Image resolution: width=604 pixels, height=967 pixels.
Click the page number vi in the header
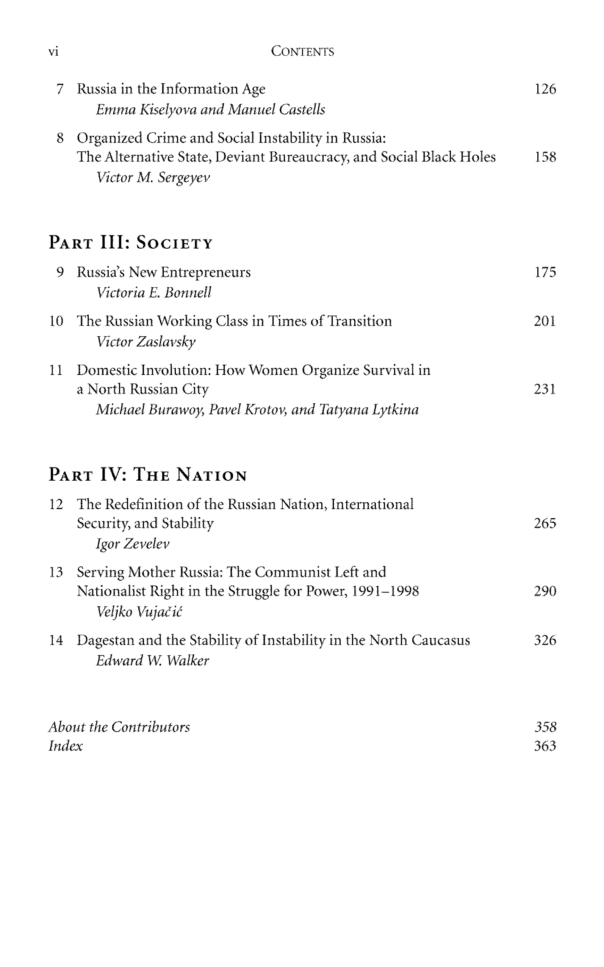[53, 52]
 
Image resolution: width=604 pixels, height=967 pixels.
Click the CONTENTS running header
[302, 52]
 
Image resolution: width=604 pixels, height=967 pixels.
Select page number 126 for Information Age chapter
[545, 89]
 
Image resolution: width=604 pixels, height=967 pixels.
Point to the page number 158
[545, 157]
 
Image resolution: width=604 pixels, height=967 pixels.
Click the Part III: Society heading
[131, 243]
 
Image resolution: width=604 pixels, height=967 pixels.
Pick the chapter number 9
[60, 272]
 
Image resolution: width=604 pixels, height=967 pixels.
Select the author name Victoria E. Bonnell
[154, 293]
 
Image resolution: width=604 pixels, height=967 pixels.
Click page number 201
[545, 321]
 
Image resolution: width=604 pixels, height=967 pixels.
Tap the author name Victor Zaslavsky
[146, 342]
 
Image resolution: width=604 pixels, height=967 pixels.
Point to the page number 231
[545, 389]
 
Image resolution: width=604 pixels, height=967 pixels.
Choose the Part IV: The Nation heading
[148, 475]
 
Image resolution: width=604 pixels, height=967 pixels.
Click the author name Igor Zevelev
[133, 544]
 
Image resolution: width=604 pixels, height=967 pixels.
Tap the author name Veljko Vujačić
[139, 612]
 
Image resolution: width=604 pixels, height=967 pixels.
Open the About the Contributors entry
[119, 727]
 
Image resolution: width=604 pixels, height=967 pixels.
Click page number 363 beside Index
[545, 746]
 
